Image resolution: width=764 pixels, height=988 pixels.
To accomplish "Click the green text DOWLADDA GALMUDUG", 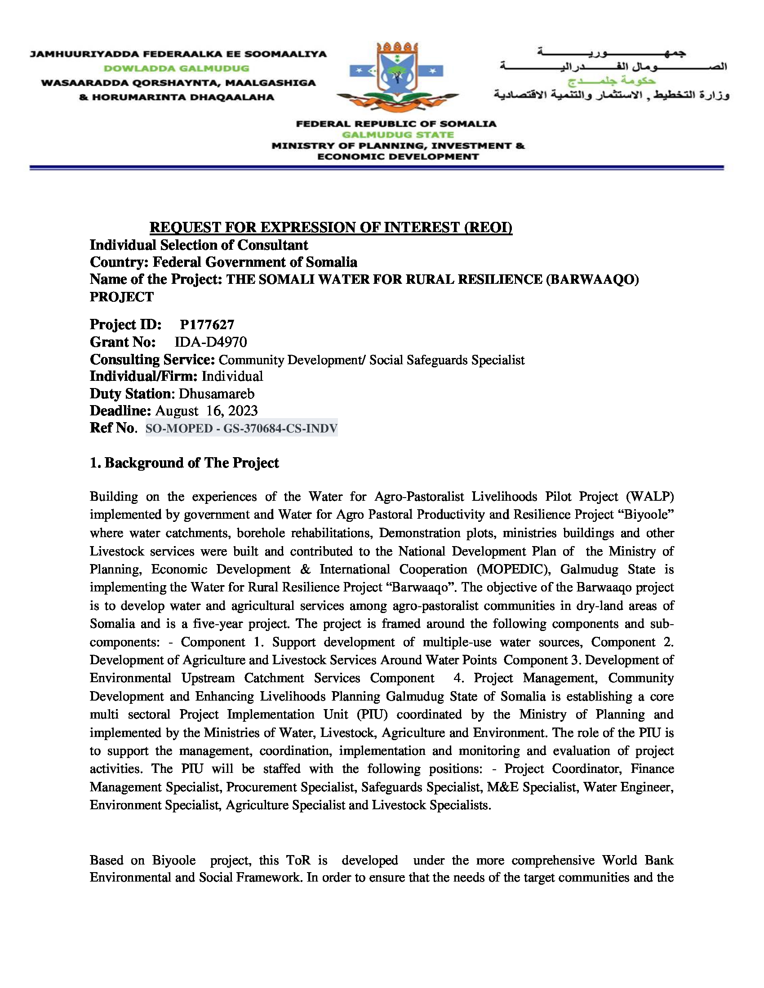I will (177, 69).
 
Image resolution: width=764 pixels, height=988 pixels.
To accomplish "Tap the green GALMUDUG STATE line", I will (397, 135).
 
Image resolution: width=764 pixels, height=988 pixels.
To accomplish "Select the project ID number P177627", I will (207, 325).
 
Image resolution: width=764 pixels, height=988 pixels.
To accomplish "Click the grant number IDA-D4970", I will (211, 342).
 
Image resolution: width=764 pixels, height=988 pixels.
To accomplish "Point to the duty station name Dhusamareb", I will (216, 393).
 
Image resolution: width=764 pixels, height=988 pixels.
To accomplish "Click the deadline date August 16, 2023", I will (206, 411).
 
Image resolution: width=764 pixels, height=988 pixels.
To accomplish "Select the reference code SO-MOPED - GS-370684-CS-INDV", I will (241, 428).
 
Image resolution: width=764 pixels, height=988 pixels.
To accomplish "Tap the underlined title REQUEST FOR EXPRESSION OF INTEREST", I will (331, 227).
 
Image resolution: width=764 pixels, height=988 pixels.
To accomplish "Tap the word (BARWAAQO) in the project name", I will (592, 280).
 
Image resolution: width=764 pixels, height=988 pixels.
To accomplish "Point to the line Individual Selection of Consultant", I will (199, 245).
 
